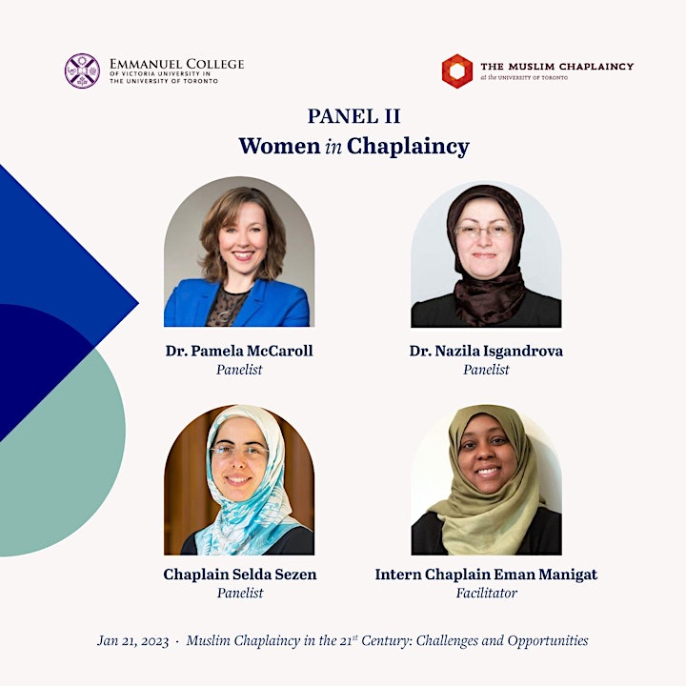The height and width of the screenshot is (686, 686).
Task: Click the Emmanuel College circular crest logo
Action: pos(82,71)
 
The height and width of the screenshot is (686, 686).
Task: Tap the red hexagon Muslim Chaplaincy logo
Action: pos(456,71)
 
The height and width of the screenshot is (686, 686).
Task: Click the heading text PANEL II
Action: pos(353,116)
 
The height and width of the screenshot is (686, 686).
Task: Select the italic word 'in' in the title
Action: pos(333,147)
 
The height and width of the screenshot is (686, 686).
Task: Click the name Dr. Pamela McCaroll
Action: pos(239,351)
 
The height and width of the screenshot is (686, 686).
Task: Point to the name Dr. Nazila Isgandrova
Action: pos(486,351)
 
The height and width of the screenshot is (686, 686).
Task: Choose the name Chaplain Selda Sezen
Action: pos(240,574)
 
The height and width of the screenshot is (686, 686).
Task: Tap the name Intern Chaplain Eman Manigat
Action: pos(486,575)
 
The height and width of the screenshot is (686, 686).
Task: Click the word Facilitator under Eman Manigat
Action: pos(487,594)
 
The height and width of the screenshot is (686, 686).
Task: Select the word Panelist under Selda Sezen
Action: pos(240,594)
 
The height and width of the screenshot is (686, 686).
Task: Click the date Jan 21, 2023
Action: pos(133,641)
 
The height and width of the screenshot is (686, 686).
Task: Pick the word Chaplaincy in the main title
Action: pos(408,147)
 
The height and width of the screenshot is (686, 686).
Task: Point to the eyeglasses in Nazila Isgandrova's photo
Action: pos(484,231)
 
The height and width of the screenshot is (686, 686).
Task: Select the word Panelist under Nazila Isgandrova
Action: pos(486,370)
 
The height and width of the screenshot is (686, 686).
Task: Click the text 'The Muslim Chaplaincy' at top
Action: pos(557,67)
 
